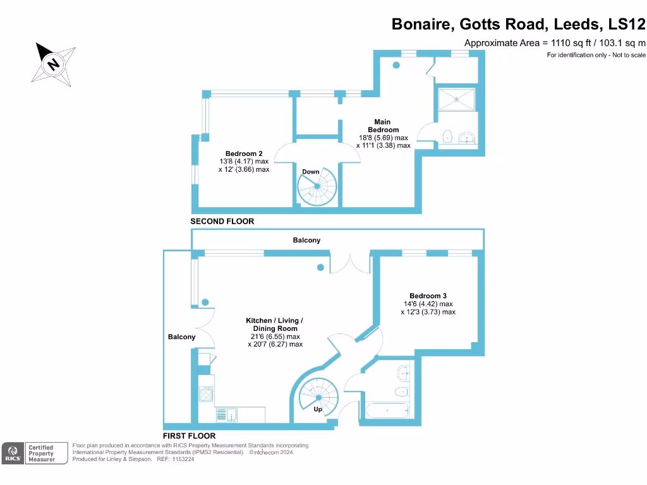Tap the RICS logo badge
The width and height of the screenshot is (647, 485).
pos(12,452)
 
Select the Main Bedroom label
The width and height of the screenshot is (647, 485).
pos(382,126)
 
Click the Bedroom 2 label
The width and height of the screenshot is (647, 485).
pos(244,153)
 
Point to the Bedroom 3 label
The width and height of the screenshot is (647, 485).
pos(428,296)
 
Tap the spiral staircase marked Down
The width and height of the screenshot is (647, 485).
pos(318,186)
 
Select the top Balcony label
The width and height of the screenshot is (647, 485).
pos(306,240)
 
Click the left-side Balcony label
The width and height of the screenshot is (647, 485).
pos(181,337)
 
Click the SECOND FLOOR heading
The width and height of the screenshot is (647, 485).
pos(222,222)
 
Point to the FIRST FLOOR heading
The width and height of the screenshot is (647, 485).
pos(189,436)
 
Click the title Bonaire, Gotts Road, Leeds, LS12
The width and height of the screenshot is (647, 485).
pos(518,24)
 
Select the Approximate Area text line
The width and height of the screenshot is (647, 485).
pos(555,43)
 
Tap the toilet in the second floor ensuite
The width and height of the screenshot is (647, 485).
pos(448,136)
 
